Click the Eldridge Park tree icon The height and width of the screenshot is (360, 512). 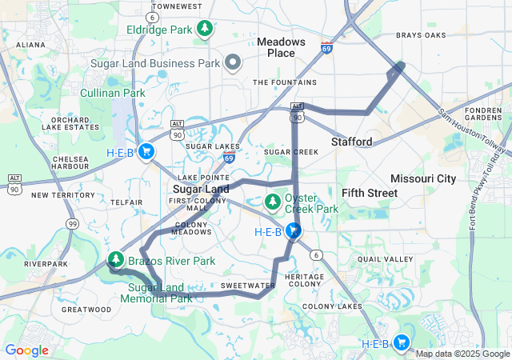206,30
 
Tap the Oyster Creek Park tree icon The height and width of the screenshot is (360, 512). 273,199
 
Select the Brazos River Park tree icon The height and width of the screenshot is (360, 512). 116,260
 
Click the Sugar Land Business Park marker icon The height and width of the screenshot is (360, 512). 233,62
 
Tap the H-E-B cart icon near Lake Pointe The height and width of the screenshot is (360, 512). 146,151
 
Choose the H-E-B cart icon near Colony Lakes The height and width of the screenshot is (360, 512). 402,343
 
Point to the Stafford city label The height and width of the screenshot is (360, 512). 352,142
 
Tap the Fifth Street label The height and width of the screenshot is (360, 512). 370,193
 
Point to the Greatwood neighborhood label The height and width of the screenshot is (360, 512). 86,309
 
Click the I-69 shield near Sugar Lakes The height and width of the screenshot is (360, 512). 229,158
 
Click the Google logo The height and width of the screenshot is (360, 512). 27,350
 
